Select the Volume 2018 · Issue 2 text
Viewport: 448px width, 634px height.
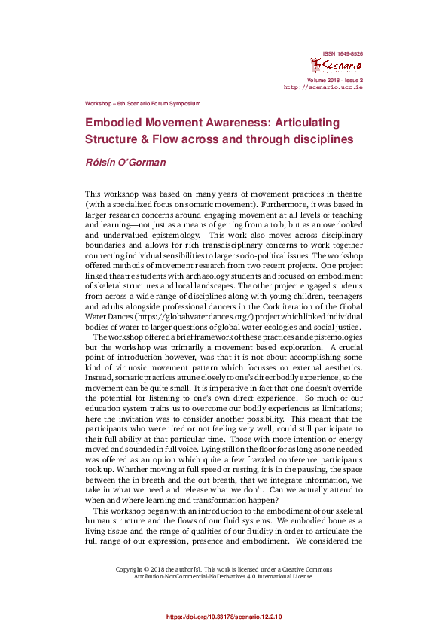pos(335,79)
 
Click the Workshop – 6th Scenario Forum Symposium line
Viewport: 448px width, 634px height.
pos(142,103)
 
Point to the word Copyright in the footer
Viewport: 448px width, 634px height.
pos(131,569)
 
